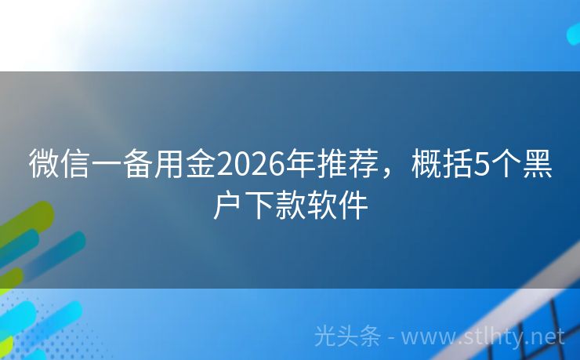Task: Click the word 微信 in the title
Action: pos(60,165)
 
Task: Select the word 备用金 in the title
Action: pos(169,165)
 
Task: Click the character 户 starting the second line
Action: pos(228,206)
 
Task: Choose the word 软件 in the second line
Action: pos(338,206)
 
